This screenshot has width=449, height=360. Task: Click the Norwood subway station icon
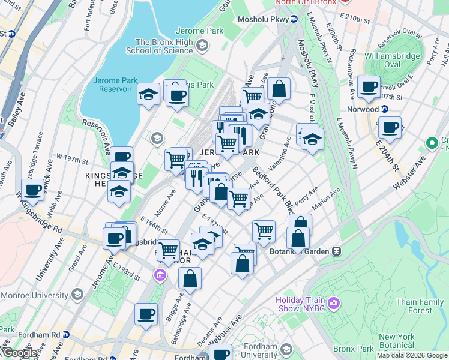click(385, 109)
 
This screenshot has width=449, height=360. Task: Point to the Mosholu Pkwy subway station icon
click(294, 19)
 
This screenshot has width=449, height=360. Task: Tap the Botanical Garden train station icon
click(337, 252)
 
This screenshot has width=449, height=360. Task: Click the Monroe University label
click(36, 295)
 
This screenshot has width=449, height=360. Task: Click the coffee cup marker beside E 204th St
click(390, 128)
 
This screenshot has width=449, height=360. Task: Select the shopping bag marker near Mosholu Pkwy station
click(279, 89)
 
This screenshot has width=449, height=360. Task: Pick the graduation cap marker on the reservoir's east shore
click(148, 94)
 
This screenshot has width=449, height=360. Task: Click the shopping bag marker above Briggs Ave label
click(190, 279)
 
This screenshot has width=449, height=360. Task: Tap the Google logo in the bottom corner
click(19, 353)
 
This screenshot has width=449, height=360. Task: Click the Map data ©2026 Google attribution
click(411, 355)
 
